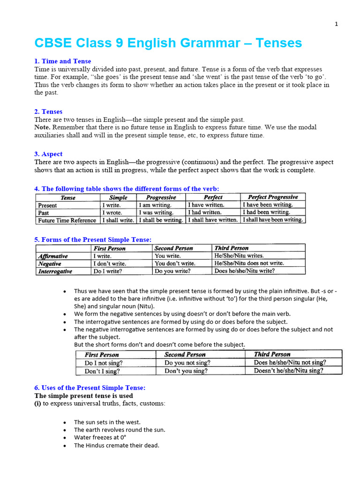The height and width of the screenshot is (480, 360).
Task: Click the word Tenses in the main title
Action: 276,43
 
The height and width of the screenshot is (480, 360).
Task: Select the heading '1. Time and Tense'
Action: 63,61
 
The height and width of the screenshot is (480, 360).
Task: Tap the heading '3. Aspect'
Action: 48,154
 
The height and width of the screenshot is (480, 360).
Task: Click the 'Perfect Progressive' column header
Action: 272,197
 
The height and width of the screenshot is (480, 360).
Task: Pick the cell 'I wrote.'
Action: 112,212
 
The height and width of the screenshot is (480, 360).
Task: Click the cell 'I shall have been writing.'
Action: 273,219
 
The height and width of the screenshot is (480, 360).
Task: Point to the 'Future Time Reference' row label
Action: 67,220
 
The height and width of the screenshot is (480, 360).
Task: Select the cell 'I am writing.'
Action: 156,205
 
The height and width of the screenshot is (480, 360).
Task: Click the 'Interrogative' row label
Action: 55,271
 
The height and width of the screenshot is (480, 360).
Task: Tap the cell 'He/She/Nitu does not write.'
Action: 248,263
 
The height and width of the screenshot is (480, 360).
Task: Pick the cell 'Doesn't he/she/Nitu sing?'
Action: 288,370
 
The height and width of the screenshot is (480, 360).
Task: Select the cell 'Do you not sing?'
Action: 187,362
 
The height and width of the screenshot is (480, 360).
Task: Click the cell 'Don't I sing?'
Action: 102,370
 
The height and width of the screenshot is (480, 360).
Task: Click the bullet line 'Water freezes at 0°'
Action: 100,437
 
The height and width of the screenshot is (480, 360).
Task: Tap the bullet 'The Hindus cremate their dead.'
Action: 116,445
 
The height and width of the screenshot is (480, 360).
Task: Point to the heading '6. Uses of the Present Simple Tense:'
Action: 90,388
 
